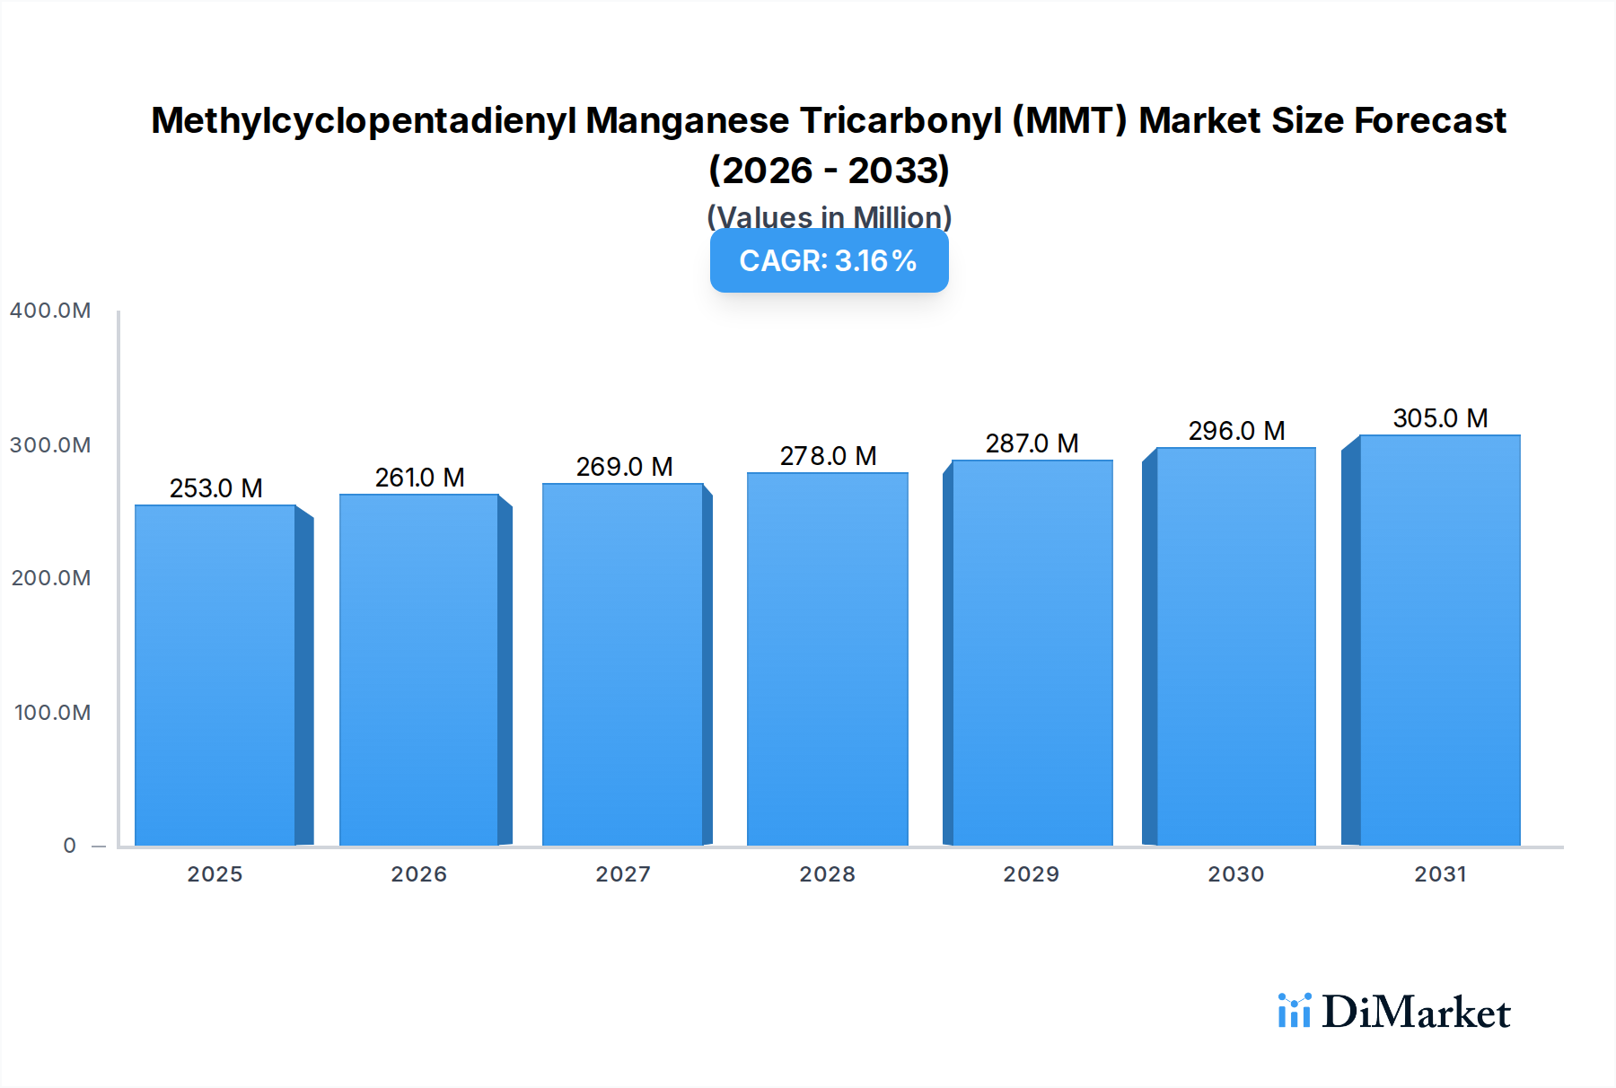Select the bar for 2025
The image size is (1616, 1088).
tap(215, 675)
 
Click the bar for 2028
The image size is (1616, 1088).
tap(827, 659)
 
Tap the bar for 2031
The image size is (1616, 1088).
tap(1439, 640)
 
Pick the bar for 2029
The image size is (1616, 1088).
tap(1032, 653)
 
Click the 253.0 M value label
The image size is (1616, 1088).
tap(215, 488)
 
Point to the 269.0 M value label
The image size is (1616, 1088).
tap(624, 467)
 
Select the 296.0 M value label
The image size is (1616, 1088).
tap(1236, 431)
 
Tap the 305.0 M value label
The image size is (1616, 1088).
tap(1440, 418)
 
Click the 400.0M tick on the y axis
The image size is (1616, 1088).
tap(50, 311)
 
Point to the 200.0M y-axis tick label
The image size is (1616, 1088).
tap(50, 578)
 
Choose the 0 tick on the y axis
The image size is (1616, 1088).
tap(69, 846)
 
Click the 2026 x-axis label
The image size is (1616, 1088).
tap(418, 874)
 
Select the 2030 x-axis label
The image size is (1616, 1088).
tap(1235, 874)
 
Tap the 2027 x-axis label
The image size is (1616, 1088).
tap(623, 874)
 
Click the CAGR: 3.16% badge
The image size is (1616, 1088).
tap(829, 261)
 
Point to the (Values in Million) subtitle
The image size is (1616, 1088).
tap(829, 217)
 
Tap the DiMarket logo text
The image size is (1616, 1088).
tap(1416, 1013)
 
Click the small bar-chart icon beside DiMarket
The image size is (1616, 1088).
tap(1294, 1011)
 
